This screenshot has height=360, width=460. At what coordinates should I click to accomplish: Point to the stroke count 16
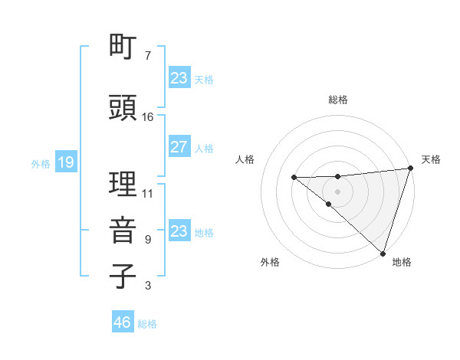148,116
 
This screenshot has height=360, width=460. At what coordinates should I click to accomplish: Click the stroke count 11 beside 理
148,193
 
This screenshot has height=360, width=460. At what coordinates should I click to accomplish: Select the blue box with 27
179,147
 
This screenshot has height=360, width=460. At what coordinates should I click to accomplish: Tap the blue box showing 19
65,162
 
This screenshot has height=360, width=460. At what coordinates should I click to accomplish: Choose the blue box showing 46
123,322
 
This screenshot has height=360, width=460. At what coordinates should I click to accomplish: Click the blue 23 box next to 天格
179,77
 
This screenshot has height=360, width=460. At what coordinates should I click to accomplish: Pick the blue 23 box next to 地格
179,231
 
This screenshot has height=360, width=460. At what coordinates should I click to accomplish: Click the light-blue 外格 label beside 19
41,163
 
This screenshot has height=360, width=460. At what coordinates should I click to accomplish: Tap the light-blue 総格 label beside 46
147,324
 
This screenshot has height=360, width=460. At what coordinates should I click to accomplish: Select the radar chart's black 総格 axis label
338,100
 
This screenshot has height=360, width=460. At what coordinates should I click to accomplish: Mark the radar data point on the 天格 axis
410,169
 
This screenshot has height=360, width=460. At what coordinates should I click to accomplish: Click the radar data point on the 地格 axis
383,253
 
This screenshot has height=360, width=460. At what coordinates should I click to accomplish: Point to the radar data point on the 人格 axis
294,178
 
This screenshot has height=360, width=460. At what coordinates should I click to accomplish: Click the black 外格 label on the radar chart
270,262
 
